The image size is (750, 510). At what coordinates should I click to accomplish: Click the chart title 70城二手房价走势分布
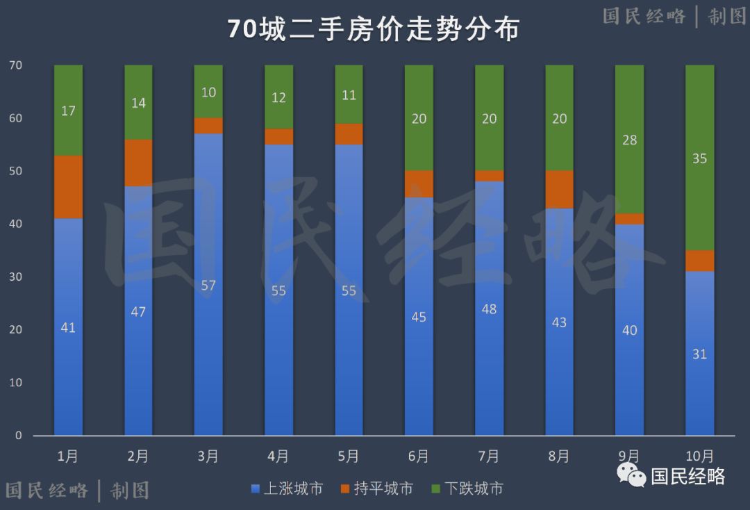click(x=374, y=29)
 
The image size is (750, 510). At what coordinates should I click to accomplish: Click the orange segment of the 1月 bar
click(x=68, y=187)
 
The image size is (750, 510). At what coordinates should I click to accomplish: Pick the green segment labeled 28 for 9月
click(x=629, y=139)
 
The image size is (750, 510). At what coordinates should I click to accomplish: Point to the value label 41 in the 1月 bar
click(x=68, y=327)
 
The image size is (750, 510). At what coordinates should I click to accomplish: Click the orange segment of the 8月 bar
click(x=559, y=190)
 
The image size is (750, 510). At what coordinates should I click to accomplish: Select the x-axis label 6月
click(x=419, y=456)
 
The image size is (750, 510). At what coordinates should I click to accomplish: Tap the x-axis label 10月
click(x=699, y=456)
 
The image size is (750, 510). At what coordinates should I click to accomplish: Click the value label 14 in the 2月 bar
click(x=138, y=103)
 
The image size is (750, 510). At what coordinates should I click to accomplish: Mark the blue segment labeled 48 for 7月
click(x=489, y=308)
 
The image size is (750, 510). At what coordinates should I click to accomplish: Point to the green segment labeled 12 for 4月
click(x=278, y=97)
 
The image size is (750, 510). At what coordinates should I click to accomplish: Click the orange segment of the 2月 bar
click(x=138, y=163)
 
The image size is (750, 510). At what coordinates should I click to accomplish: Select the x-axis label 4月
click(x=278, y=456)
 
